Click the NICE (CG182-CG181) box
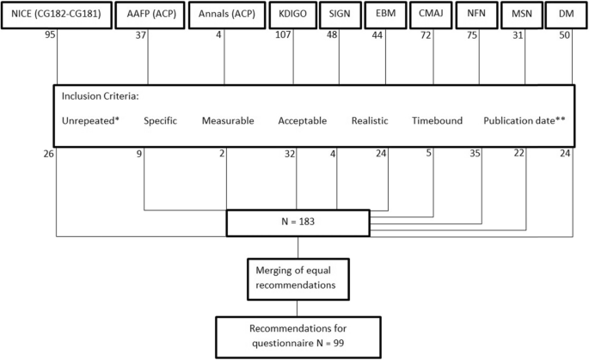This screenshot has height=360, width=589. [x=57, y=15]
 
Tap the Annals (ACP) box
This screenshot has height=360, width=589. [x=224, y=15]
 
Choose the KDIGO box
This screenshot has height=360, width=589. [x=290, y=15]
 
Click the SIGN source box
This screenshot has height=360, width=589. [x=339, y=15]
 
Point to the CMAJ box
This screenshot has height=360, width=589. [x=433, y=15]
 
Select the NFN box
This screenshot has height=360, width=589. [x=478, y=15]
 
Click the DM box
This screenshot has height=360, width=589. [x=566, y=15]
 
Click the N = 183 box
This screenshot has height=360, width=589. [x=298, y=222]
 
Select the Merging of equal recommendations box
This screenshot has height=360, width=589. [x=298, y=278]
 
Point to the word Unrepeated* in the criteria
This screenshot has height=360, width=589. [x=90, y=121]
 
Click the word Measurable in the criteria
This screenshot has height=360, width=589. [x=227, y=121]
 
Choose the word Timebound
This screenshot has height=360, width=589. [x=437, y=121]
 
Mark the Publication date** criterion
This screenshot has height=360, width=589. [x=524, y=121]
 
